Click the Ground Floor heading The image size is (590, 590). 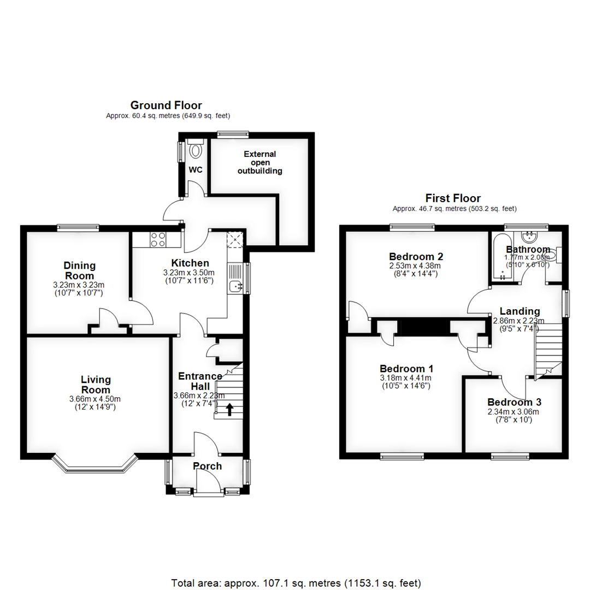tap(166, 105)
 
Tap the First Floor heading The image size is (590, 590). tap(453, 198)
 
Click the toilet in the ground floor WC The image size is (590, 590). tap(195, 149)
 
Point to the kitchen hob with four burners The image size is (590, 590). tap(158, 239)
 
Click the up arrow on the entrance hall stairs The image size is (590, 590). tap(229, 409)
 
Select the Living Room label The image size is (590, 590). tap(96, 385)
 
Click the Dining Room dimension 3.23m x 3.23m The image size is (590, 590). tap(80, 285)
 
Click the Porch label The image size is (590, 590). tap(208, 466)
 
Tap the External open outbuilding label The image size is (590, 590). tap(260, 162)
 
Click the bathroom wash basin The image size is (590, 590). tap(528, 237)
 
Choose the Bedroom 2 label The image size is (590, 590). tap(416, 256)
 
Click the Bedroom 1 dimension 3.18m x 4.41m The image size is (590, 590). tap(405, 377)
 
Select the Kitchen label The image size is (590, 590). tap(190, 263)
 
